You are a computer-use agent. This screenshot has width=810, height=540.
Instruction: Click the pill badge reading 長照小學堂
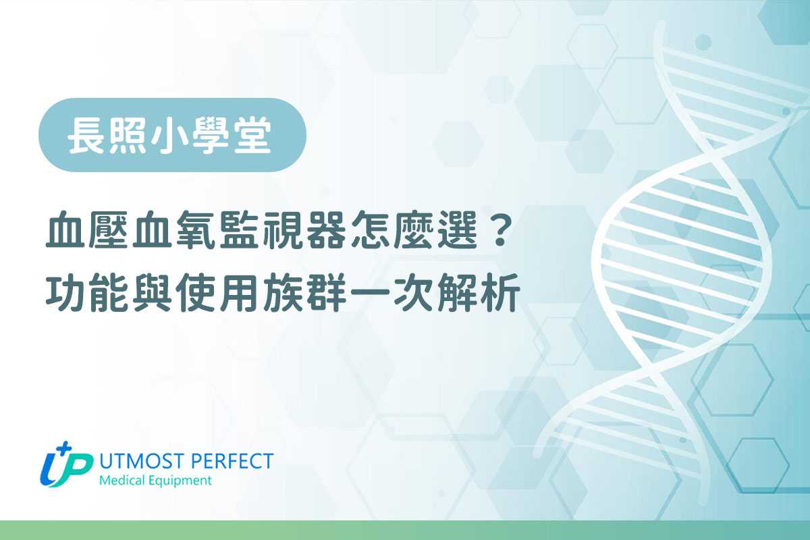pos(172,134)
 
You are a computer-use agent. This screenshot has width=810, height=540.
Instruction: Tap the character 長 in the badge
pos(86,135)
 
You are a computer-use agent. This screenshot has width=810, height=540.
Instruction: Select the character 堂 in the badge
pos(252,135)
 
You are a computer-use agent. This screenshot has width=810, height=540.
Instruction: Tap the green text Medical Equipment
pos(155,481)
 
